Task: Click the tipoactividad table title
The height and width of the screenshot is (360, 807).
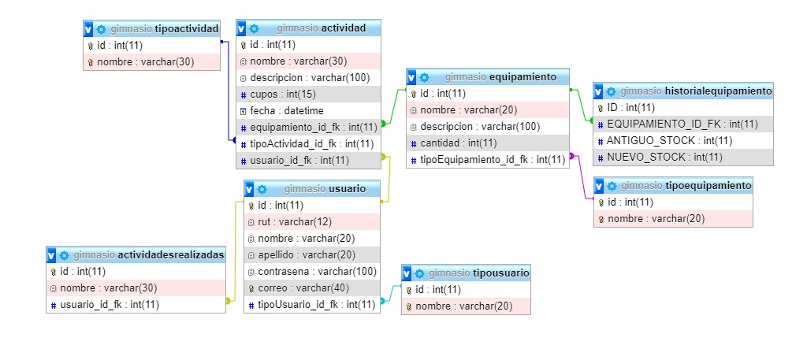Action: [188, 28]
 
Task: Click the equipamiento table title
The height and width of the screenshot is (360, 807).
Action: [523, 77]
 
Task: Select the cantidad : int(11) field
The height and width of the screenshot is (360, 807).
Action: [458, 143]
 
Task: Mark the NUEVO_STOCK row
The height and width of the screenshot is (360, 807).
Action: [664, 157]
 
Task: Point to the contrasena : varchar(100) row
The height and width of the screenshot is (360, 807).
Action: [312, 271]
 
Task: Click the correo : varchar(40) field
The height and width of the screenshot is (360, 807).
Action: [298, 288]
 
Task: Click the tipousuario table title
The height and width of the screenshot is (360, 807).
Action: [500, 273]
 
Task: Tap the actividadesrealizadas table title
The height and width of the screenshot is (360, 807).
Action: [172, 255]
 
